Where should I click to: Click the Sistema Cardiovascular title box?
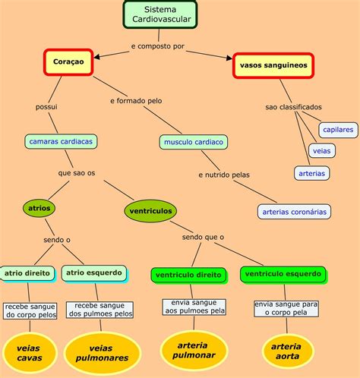[160, 14]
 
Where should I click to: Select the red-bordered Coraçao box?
[68, 62]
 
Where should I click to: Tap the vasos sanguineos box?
[273, 65]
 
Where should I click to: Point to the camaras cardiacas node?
[61, 141]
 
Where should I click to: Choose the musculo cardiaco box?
[194, 142]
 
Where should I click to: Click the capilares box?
[338, 130]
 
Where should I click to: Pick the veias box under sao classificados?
[322, 151]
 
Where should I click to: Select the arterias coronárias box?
[294, 212]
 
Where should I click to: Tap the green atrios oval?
[39, 208]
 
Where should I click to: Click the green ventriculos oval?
[150, 211]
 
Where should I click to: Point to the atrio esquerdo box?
[94, 273]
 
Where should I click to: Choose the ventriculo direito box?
[188, 275]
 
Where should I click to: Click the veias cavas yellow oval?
[30, 353]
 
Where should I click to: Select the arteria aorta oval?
[287, 351]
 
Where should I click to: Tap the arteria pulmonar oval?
[194, 350]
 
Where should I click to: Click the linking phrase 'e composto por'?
[158, 46]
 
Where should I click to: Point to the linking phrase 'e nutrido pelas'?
[224, 175]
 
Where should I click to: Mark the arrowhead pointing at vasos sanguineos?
[229, 58]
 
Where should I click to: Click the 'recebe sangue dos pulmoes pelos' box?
[99, 310]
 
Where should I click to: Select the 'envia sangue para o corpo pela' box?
[286, 308]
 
